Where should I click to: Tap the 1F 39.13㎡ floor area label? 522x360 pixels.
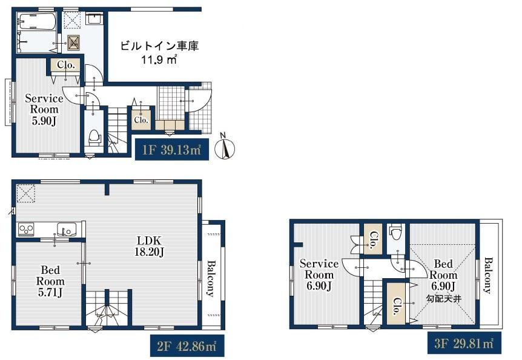[172, 150]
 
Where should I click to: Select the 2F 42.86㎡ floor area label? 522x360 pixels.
[187, 346]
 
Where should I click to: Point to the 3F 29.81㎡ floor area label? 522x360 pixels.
[464, 342]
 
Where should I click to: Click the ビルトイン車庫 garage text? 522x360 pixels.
[159, 46]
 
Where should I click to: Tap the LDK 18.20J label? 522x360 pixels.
[149, 246]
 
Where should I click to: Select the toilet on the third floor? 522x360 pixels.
[396, 232]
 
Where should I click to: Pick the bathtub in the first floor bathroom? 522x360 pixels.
[36, 22]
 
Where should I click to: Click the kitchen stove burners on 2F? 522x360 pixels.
[26, 229]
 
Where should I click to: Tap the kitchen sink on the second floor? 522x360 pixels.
[67, 229]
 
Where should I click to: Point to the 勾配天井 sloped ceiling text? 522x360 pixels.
[443, 299]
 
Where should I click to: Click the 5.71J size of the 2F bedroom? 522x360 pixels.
[50, 292]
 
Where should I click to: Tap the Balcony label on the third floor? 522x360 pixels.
[487, 275]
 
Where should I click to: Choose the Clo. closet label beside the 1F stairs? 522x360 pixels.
[141, 120]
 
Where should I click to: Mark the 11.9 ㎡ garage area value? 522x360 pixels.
[159, 60]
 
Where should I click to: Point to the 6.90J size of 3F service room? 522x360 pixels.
[319, 285]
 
